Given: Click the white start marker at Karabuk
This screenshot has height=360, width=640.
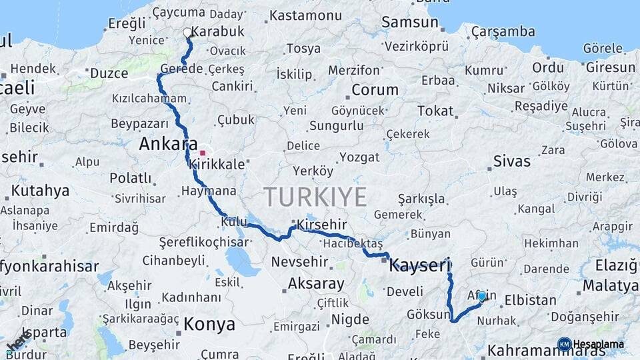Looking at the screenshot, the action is click(x=187, y=32).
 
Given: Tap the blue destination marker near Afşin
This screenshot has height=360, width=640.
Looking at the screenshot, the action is click(x=482, y=296).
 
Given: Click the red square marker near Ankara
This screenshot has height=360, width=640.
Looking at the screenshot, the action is click(x=203, y=153).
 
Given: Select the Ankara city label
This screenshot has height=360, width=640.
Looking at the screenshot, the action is click(x=168, y=144).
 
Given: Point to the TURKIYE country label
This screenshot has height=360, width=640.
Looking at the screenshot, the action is click(x=315, y=197).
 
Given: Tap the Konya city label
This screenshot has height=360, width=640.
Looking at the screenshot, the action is click(x=209, y=325).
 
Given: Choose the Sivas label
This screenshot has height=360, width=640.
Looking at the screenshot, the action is click(x=512, y=161).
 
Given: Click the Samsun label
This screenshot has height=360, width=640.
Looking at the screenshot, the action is click(x=410, y=22).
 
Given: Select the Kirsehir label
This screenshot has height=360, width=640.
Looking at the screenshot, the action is click(x=323, y=224).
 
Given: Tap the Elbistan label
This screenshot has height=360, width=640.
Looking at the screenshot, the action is click(x=530, y=300).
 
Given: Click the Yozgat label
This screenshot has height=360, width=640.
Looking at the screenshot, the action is click(x=359, y=157).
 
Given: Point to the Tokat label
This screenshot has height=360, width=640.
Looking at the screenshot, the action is click(x=435, y=111).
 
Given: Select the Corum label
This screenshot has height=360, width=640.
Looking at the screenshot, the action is click(x=375, y=90).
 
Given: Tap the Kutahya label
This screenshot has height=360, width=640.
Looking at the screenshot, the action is click(x=40, y=191).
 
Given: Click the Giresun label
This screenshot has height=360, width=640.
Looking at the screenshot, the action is click(x=610, y=67).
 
